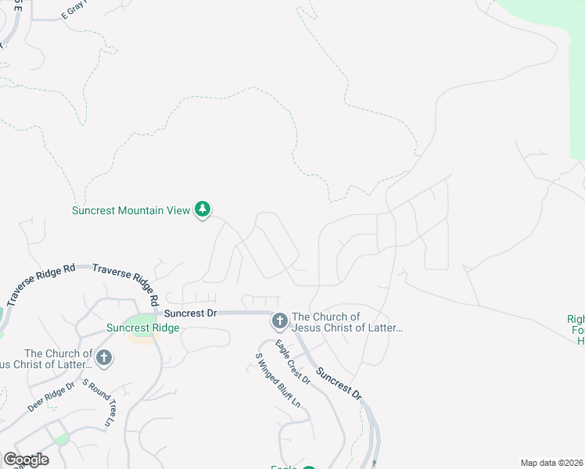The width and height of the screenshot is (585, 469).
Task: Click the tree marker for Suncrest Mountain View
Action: click(x=203, y=209)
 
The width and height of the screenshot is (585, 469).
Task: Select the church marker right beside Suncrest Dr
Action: click(x=279, y=320)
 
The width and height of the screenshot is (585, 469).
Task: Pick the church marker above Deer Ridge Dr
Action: click(x=103, y=358)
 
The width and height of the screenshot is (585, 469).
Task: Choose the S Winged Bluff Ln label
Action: click(x=278, y=380)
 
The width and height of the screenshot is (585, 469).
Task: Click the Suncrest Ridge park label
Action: click(x=142, y=328)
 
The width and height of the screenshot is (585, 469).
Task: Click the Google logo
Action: click(x=26, y=459)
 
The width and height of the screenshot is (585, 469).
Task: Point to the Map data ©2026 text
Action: click(x=551, y=463)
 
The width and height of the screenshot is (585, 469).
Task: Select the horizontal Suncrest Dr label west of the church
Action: click(x=189, y=312)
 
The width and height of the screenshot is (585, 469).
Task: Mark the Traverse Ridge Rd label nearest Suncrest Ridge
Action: click(x=126, y=282)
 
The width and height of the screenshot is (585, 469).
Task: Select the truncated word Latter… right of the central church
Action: click(x=383, y=328)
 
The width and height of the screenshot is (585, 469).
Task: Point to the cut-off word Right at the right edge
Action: click(x=576, y=319)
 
